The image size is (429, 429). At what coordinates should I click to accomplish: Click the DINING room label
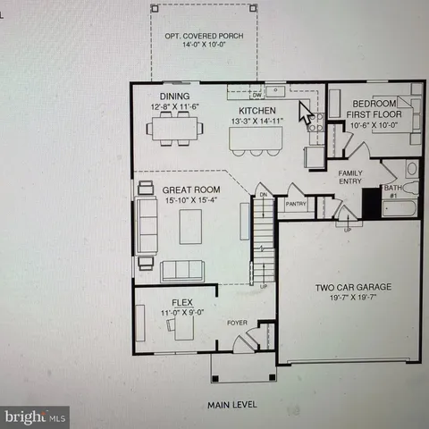click(x=174, y=97)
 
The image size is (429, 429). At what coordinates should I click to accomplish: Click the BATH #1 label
click(x=391, y=192)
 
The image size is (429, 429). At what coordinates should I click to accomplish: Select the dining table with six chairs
click(x=175, y=130)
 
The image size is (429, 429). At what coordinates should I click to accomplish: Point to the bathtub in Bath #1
click(x=400, y=209)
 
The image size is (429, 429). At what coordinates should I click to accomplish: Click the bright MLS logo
click(x=35, y=416)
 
